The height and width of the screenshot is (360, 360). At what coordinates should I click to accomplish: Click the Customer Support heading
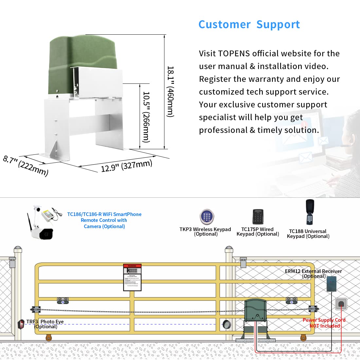[249, 25]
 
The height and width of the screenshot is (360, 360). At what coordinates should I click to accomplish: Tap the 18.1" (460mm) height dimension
[170, 92]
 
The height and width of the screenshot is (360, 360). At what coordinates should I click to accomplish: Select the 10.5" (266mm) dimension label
[146, 117]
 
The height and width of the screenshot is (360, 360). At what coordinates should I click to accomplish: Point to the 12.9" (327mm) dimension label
[126, 166]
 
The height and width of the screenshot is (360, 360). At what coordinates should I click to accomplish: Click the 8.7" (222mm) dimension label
[26, 166]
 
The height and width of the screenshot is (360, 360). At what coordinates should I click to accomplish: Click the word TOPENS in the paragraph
[234, 53]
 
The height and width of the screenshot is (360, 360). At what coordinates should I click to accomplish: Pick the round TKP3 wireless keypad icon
[207, 217]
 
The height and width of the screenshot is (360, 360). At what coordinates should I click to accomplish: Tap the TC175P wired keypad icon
[258, 217]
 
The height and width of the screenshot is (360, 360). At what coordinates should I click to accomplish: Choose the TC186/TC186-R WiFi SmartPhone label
[104, 214]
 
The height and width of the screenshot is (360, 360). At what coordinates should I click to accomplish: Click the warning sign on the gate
[132, 277]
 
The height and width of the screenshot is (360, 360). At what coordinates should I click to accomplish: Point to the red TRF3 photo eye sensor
[21, 324]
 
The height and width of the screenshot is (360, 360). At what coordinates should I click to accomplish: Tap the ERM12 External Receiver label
[313, 271]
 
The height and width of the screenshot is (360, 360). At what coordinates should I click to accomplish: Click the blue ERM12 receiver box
[332, 284]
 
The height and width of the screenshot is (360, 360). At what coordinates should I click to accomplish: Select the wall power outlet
[341, 304]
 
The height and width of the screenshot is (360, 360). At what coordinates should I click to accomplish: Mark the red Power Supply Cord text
[324, 320]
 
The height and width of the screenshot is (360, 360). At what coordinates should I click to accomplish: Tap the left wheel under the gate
[49, 337]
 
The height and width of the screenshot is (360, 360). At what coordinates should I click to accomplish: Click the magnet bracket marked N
[63, 301]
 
